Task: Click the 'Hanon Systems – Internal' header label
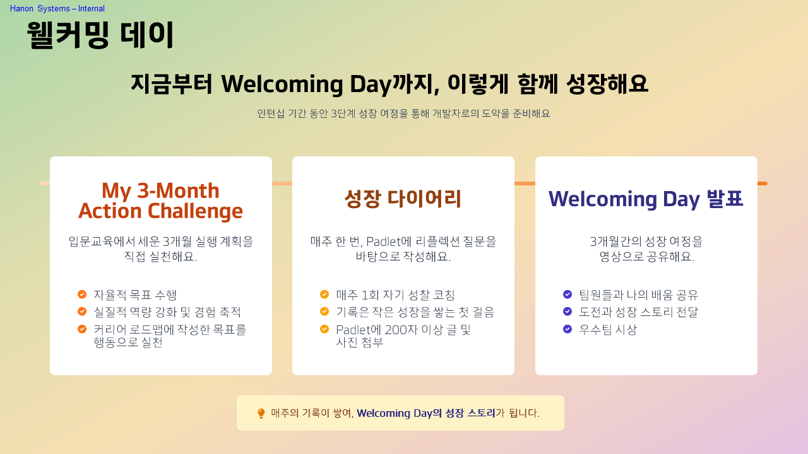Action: [x=57, y=9]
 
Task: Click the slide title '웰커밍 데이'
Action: [x=100, y=35]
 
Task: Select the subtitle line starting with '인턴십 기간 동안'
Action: [x=403, y=113]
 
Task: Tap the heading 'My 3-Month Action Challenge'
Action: [x=160, y=201]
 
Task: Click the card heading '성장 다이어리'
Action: [x=403, y=199]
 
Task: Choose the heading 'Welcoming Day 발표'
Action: [x=646, y=199]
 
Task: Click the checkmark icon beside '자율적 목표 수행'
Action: [x=82, y=294]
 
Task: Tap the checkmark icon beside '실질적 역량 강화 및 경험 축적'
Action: [x=82, y=311]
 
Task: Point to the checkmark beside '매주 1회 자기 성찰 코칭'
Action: [x=324, y=294]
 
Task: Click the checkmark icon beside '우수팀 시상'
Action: [x=567, y=329]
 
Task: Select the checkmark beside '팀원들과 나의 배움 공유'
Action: [x=567, y=294]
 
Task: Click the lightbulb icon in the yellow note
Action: [x=261, y=414]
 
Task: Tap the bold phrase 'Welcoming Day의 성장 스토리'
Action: [x=426, y=414]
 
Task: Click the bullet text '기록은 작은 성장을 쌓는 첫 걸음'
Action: [x=415, y=312]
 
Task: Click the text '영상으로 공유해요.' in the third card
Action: [x=646, y=257]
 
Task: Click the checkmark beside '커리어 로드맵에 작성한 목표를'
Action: [x=82, y=329]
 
